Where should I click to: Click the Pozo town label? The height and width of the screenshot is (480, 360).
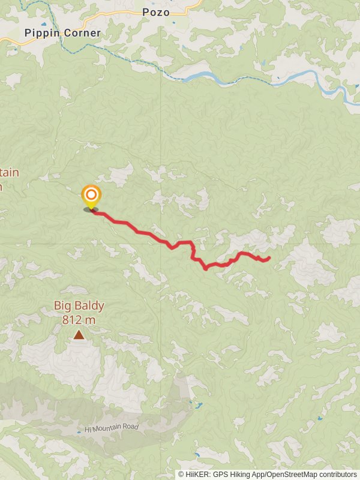point(156,12)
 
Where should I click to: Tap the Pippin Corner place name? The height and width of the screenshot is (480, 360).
point(62,33)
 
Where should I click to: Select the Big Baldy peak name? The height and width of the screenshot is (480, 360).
point(79,305)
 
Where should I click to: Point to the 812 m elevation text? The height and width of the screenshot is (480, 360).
point(79,319)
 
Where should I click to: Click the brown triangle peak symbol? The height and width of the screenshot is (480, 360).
point(79,335)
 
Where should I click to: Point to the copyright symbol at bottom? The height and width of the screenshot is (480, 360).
point(181,474)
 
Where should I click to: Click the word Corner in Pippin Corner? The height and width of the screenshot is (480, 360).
point(82,33)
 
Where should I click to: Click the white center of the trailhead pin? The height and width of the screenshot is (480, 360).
point(91,195)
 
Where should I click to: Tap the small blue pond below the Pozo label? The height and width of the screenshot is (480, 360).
point(173,23)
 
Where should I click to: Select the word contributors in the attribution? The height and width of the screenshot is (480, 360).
point(336,474)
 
